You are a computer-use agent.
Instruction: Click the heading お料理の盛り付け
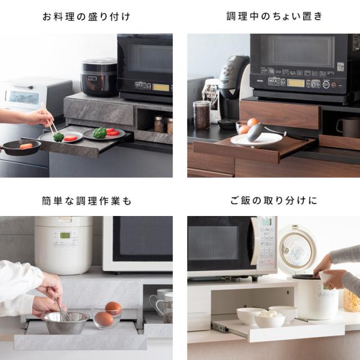[86, 17]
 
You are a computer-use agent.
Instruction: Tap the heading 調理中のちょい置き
[274, 16]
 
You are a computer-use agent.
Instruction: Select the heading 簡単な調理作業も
[86, 201]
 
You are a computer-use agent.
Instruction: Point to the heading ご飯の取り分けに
[274, 200]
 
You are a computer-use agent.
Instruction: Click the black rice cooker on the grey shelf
[99, 77]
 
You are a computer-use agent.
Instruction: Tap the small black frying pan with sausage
[21, 147]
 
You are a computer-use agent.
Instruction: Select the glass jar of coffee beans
[202, 115]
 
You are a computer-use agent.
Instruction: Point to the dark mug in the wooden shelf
[348, 127]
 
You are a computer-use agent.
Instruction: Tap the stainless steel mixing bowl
[65, 322]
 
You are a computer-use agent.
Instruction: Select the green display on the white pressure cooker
[65, 235]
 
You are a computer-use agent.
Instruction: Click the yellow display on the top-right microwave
[296, 83]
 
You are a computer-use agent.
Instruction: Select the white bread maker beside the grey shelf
[35, 94]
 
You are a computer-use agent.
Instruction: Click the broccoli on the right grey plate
[100, 133]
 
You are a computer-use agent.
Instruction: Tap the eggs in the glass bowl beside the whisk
[109, 314]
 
